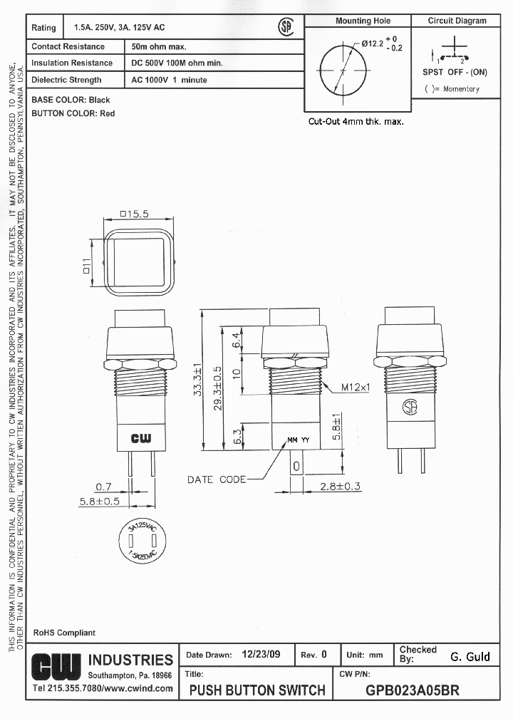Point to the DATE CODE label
coord(217,479)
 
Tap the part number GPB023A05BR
coord(412,690)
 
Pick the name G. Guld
coord(470,657)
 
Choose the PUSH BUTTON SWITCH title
coord(257,690)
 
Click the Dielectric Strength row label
coord(67,81)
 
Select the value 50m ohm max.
coord(159,47)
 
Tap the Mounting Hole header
coord(363,21)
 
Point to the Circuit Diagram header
coord(457,21)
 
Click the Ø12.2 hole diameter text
coord(373,43)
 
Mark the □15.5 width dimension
coord(134,214)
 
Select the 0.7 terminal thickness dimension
coord(104,487)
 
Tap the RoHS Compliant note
coord(64,633)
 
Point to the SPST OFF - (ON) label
coord(455,72)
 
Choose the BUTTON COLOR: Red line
coord(73,113)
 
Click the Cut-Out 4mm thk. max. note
coord(356,122)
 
